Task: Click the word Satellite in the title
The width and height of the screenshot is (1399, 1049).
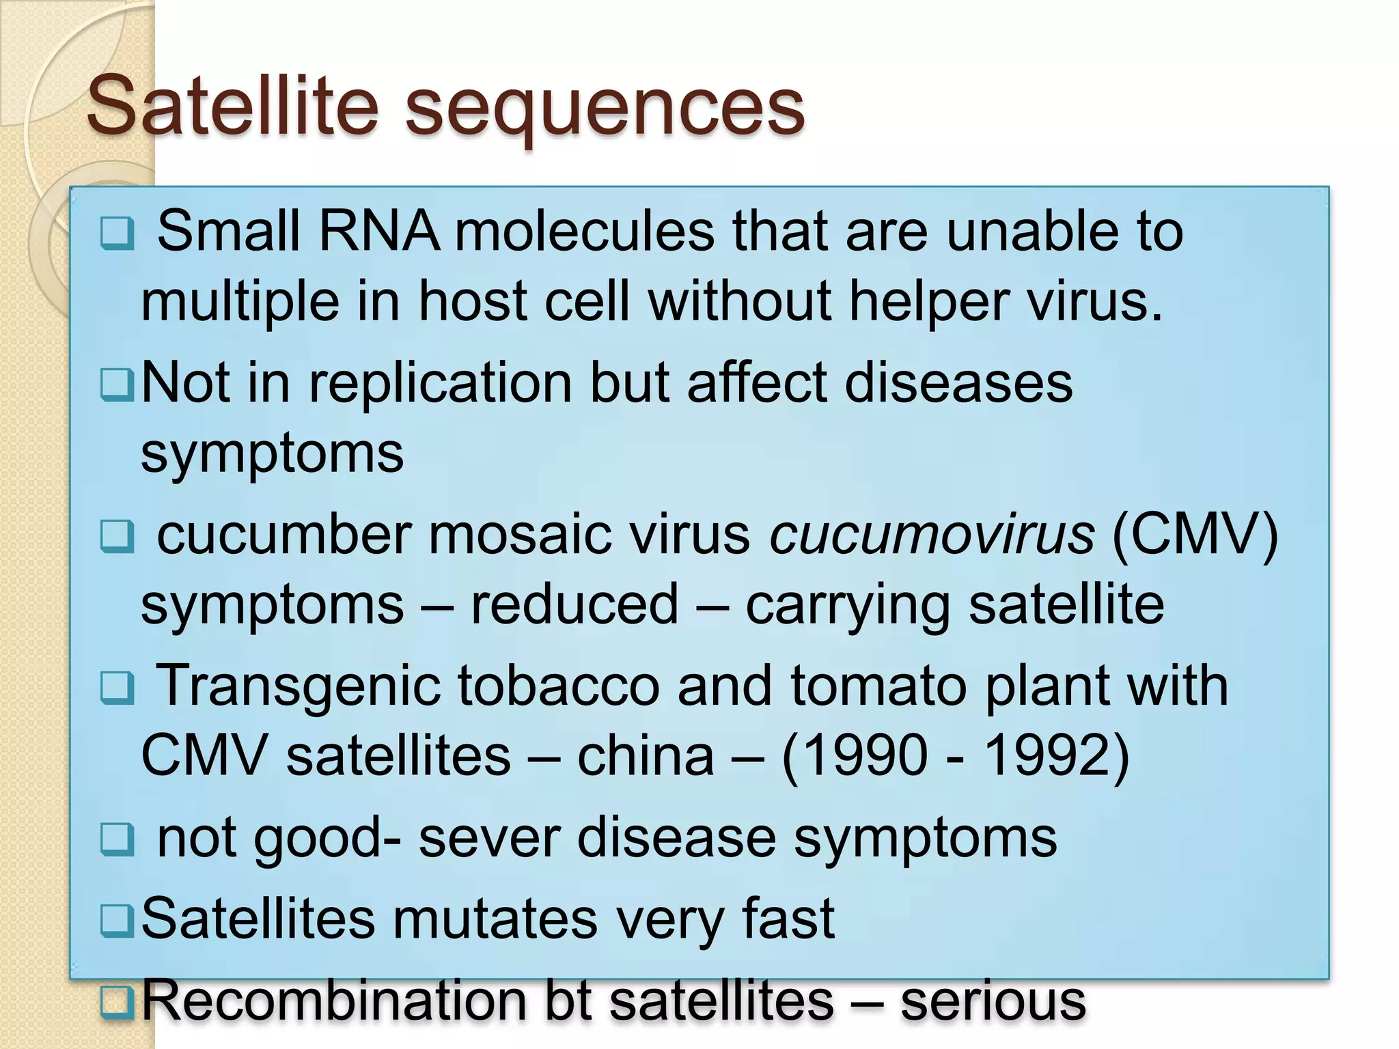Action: click(x=232, y=106)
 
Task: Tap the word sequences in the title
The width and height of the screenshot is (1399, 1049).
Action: click(x=605, y=109)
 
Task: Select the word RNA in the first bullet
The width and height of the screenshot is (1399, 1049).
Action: click(x=378, y=232)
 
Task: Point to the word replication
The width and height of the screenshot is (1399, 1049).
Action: click(x=441, y=383)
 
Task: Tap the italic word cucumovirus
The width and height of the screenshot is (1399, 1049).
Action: click(x=932, y=535)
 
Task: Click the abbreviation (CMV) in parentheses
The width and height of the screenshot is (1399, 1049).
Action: click(x=1195, y=535)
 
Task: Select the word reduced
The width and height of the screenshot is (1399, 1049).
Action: click(x=574, y=604)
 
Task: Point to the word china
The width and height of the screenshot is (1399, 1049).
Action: click(x=646, y=756)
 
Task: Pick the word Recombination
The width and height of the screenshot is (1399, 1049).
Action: click(x=335, y=1001)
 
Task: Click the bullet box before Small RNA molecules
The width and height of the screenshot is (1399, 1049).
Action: click(x=117, y=233)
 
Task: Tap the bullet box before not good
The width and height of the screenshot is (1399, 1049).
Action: click(x=117, y=839)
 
